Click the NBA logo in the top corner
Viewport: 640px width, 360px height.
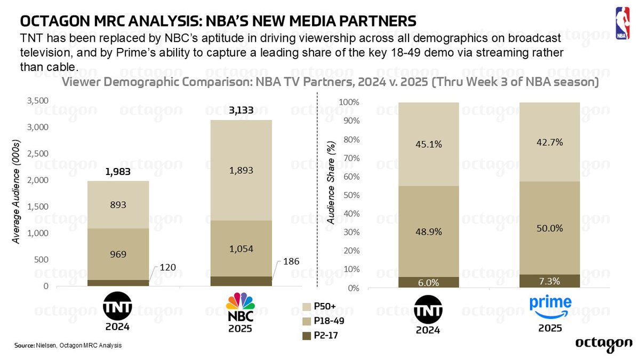(622, 23)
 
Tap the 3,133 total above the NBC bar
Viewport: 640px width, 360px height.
(241, 111)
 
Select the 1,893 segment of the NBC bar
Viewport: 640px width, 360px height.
(241, 171)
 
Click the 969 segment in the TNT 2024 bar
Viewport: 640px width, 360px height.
(118, 254)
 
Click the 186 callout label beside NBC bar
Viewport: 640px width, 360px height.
(292, 261)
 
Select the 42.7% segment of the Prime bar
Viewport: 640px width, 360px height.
(550, 142)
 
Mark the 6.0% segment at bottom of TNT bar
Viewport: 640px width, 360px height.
(428, 282)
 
